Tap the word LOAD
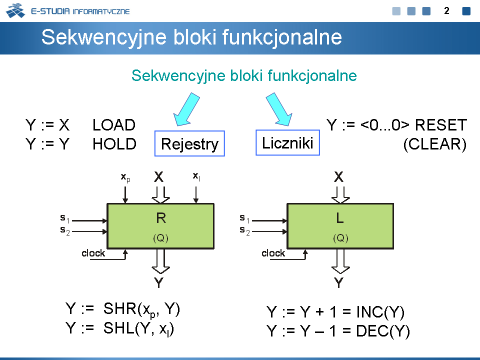114,125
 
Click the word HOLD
114,144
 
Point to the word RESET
441,125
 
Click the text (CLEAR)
435,144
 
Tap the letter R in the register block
161,218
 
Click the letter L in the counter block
340,218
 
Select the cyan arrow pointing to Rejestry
186,109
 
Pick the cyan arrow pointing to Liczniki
279,109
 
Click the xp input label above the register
125,177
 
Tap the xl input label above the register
196,176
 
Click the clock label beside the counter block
273,253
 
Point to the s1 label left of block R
65,218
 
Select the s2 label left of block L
245,230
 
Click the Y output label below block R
158,282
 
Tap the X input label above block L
338,177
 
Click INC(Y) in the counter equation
380,312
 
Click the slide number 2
446,10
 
